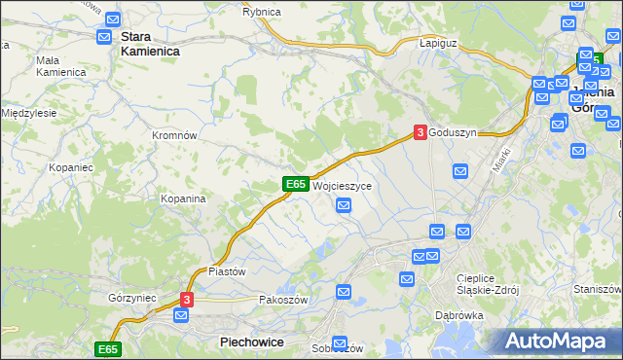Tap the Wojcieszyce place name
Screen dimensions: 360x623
(343, 185)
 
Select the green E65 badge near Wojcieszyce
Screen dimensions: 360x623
(297, 183)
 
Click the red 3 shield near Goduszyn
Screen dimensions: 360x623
(420, 132)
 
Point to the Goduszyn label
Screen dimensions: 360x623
(453, 133)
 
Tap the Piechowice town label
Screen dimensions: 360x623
(251, 342)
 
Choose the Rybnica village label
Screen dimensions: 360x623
(262, 11)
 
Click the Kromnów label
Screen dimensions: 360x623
(175, 135)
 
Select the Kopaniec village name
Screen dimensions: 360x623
(70, 167)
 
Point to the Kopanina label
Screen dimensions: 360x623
(183, 198)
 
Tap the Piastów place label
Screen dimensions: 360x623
(227, 271)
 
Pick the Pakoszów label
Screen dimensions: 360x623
(283, 300)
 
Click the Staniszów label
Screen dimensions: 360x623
(597, 289)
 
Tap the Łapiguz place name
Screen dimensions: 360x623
(438, 44)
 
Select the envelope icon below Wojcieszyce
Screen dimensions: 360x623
(344, 204)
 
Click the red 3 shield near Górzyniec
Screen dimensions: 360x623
(188, 300)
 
